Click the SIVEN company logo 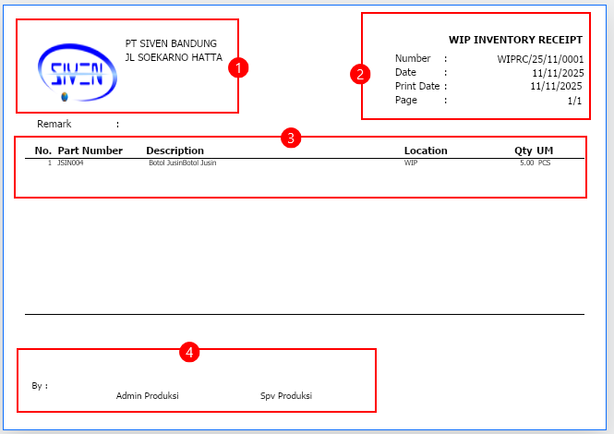coord(78,72)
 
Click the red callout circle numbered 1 coord(238,67)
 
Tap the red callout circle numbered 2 coord(360,74)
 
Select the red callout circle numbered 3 coord(291,138)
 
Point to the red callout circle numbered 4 coord(189,352)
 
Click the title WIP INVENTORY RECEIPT coord(515,40)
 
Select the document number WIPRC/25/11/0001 coord(540,59)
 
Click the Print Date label coord(417,86)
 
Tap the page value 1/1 coord(574,101)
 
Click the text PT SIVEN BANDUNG coord(171,43)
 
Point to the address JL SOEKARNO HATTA coord(174,57)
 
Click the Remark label coord(54,124)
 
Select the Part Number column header coord(90,151)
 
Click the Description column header coord(175,151)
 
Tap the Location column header coord(426,151)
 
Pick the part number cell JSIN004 coord(70,163)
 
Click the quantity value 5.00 coord(526,163)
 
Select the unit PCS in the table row coord(545,163)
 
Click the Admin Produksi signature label coord(147,395)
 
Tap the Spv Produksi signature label coord(286,396)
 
